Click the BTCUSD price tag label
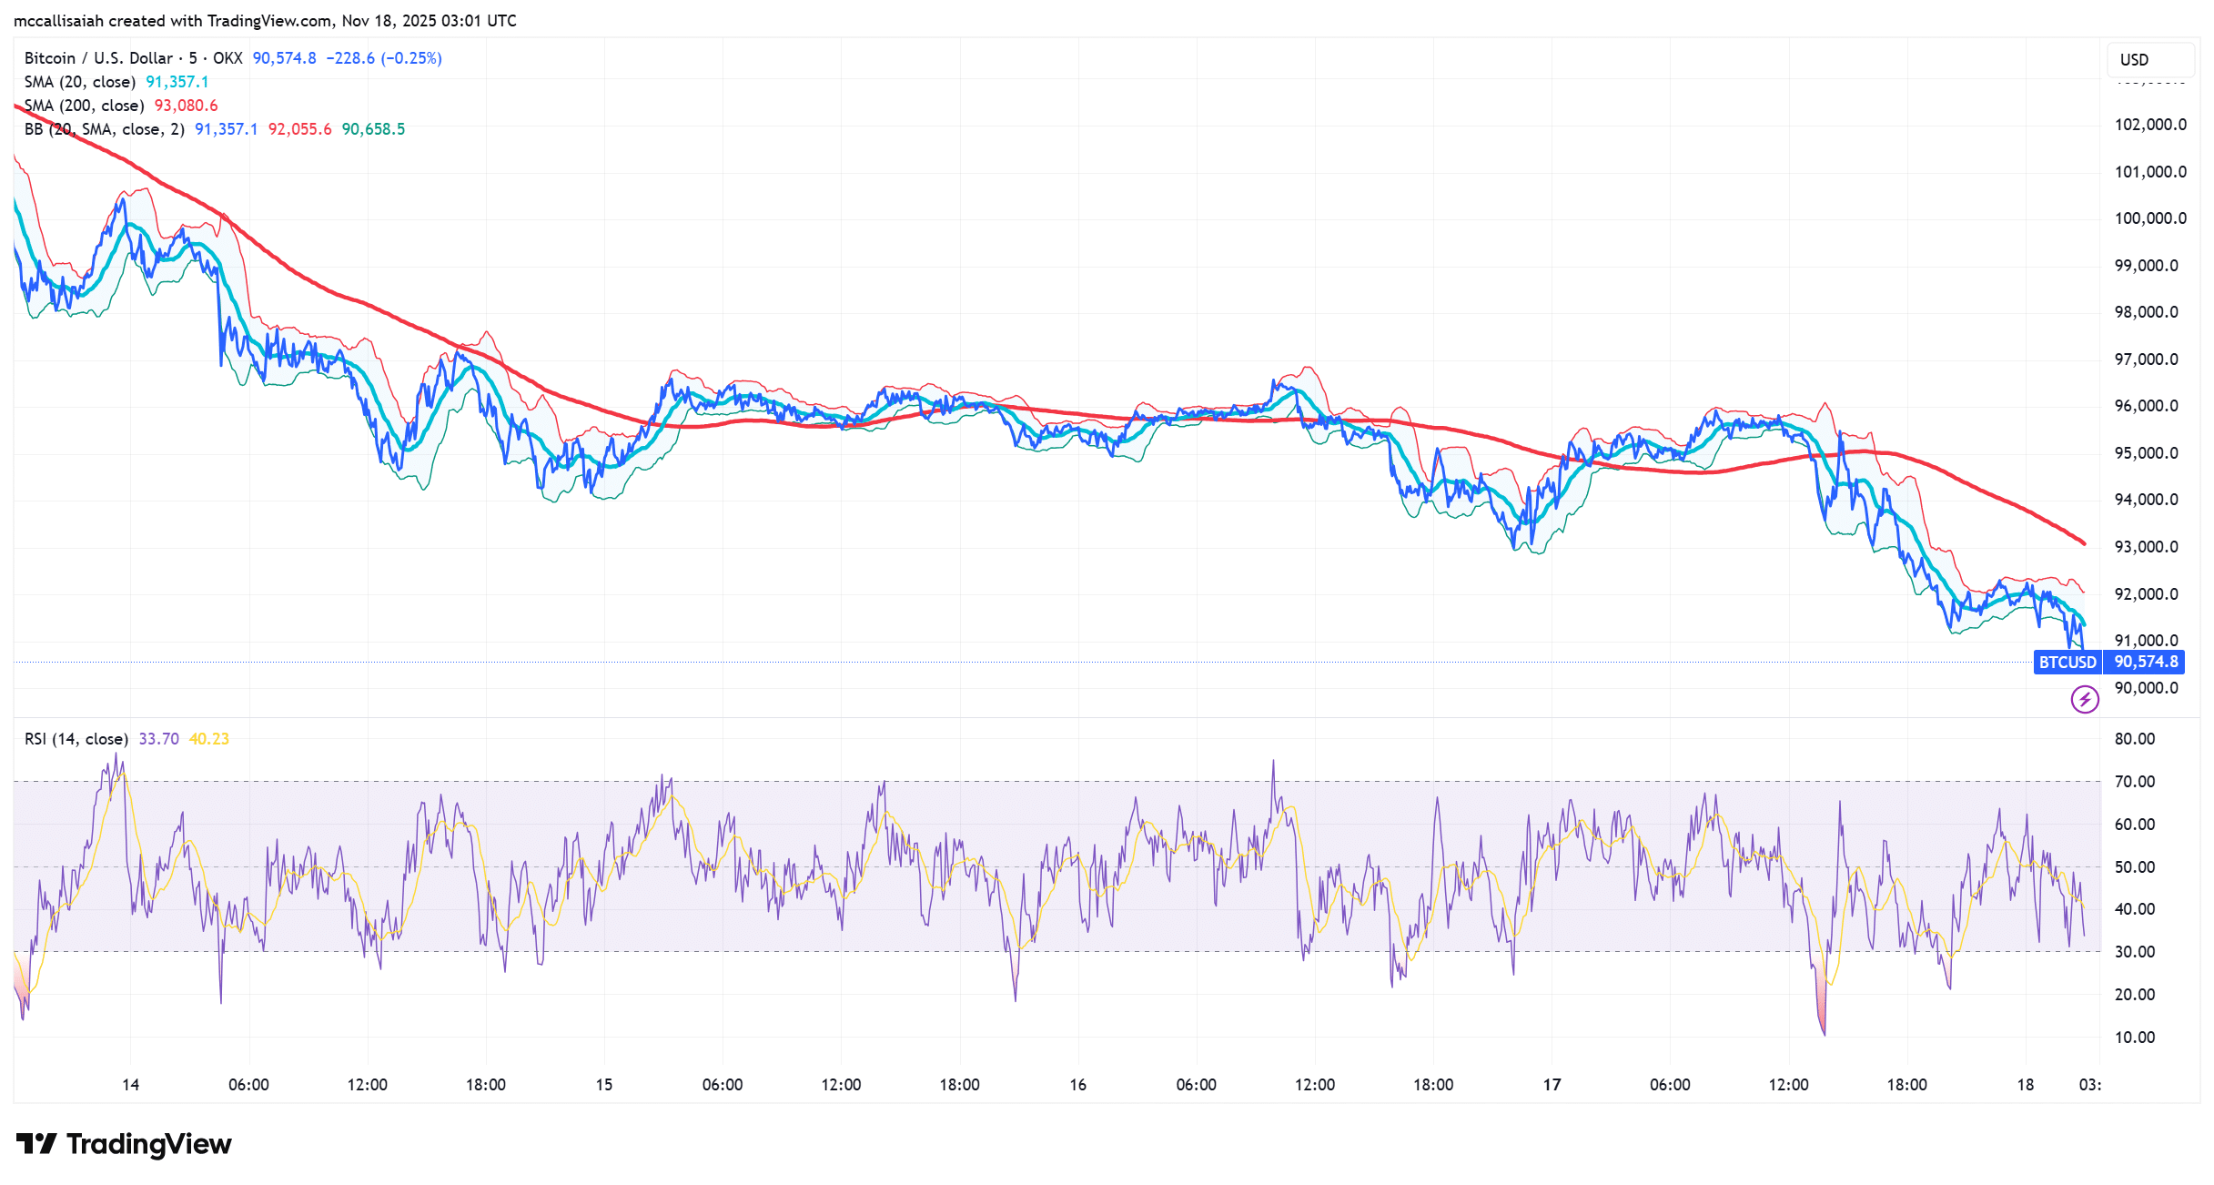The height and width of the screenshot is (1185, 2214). click(2067, 663)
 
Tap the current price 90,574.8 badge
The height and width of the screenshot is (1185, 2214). click(2146, 663)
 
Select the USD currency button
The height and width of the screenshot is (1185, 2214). click(2134, 60)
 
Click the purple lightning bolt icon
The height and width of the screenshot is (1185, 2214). click(2085, 699)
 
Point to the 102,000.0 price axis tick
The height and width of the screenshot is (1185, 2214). click(2150, 125)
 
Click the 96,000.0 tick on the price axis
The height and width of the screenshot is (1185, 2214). click(2150, 406)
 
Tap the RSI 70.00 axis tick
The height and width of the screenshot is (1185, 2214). click(2135, 782)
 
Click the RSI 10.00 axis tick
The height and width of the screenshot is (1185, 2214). click(2135, 1038)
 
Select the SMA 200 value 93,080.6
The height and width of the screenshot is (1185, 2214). click(186, 106)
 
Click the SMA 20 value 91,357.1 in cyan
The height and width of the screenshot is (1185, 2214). click(177, 82)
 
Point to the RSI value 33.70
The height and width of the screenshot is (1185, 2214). click(158, 739)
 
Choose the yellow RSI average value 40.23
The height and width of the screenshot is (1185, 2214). click(208, 739)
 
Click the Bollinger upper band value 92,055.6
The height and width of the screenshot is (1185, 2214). click(299, 129)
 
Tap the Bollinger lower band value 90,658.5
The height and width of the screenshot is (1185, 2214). click(373, 129)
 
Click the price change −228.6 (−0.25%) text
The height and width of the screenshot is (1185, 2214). click(384, 58)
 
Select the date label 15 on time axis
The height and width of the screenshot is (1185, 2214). click(604, 1085)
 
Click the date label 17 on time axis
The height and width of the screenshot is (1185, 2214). click(1552, 1085)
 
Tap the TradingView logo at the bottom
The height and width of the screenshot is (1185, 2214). click(125, 1144)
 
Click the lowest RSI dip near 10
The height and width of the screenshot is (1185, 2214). click(1825, 1033)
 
